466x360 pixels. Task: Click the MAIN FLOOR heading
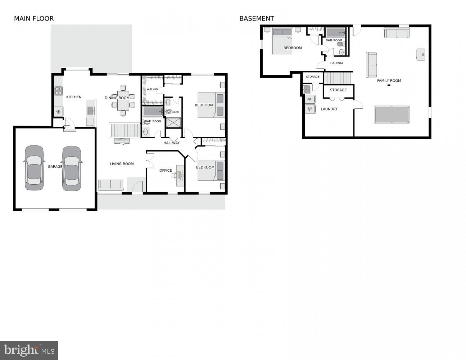click(x=34, y=18)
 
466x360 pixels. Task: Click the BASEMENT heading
click(x=257, y=18)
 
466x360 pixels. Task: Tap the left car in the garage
click(x=35, y=168)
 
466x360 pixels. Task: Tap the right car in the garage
click(x=72, y=168)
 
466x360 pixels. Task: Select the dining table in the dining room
click(x=123, y=100)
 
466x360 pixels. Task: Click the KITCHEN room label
click(x=74, y=97)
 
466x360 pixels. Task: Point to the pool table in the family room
click(x=392, y=114)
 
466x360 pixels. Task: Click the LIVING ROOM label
click(x=122, y=164)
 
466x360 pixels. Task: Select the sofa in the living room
click(x=110, y=185)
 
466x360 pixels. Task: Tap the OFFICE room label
click(x=166, y=171)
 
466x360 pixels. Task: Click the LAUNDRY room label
click(x=329, y=109)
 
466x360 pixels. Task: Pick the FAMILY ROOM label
click(x=389, y=81)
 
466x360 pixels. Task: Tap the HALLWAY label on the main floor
click(x=171, y=143)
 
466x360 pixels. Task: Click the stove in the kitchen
click(x=59, y=91)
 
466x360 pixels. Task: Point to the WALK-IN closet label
click(x=152, y=89)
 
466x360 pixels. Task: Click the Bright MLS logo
click(x=29, y=350)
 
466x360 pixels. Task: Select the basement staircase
click(x=337, y=77)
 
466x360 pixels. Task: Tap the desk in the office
click(x=180, y=176)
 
